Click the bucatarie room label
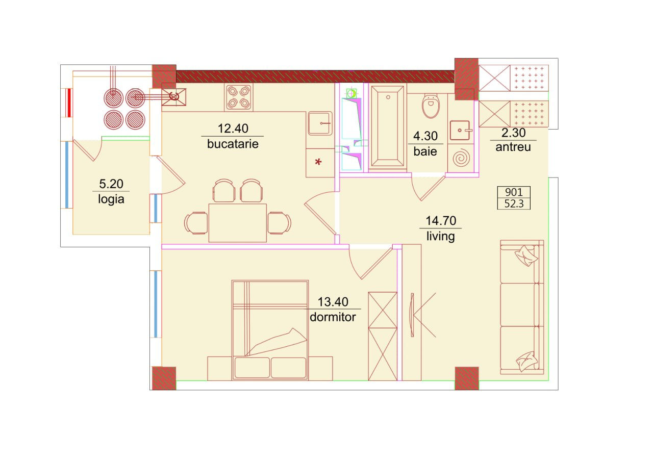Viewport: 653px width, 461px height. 233,144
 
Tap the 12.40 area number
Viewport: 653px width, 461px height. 233,129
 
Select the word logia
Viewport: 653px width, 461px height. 111,199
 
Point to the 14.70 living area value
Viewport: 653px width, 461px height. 441,221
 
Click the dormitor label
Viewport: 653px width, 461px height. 333,317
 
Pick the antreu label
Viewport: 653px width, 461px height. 513,147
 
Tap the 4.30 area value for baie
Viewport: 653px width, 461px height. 425,136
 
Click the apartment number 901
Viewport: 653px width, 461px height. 514,192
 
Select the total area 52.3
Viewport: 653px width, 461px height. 514,203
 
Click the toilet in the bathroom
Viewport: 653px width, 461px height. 431,105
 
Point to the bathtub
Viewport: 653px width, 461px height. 387,127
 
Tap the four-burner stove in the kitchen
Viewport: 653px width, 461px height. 238,97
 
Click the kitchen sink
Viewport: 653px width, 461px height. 320,123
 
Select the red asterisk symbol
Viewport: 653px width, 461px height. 318,162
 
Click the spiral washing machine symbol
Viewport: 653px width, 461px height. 461,158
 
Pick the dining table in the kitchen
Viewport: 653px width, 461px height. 238,223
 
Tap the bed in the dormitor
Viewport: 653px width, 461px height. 270,330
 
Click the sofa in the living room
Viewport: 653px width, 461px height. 522,307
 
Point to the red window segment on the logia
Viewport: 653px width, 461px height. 69,103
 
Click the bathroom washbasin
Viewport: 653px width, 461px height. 460,130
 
